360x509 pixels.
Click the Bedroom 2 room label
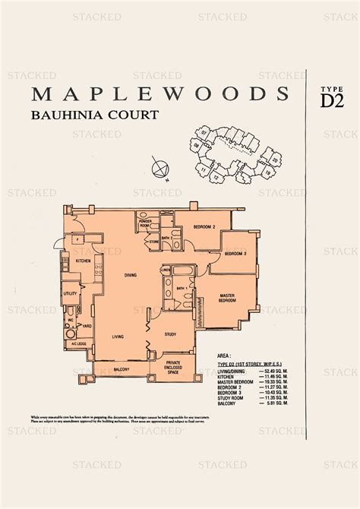(x=204, y=226)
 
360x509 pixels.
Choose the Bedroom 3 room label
(x=235, y=253)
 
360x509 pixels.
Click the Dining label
(x=130, y=275)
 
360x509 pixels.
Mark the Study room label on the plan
(x=170, y=334)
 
